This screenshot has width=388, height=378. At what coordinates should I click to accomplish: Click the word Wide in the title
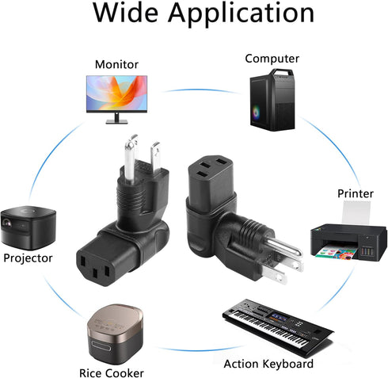125,13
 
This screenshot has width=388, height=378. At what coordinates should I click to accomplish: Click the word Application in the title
241,14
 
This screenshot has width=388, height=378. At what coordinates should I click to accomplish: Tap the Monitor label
116,64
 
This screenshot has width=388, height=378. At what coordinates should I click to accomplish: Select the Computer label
272,59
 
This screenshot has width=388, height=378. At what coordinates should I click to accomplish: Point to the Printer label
356,193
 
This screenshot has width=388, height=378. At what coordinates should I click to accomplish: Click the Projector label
28,258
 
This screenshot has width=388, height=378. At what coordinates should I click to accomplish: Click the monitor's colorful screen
116,94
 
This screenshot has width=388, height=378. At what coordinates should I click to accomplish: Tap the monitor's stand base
116,122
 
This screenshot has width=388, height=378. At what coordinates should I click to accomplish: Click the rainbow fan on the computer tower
256,113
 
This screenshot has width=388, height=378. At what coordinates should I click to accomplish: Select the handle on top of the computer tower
282,72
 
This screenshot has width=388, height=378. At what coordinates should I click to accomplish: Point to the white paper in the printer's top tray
356,212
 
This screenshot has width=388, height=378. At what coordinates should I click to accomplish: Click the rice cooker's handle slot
101,346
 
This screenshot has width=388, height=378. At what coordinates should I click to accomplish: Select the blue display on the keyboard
280,317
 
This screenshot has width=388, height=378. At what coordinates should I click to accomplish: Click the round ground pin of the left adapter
130,159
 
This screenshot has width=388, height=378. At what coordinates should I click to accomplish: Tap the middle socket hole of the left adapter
94,273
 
